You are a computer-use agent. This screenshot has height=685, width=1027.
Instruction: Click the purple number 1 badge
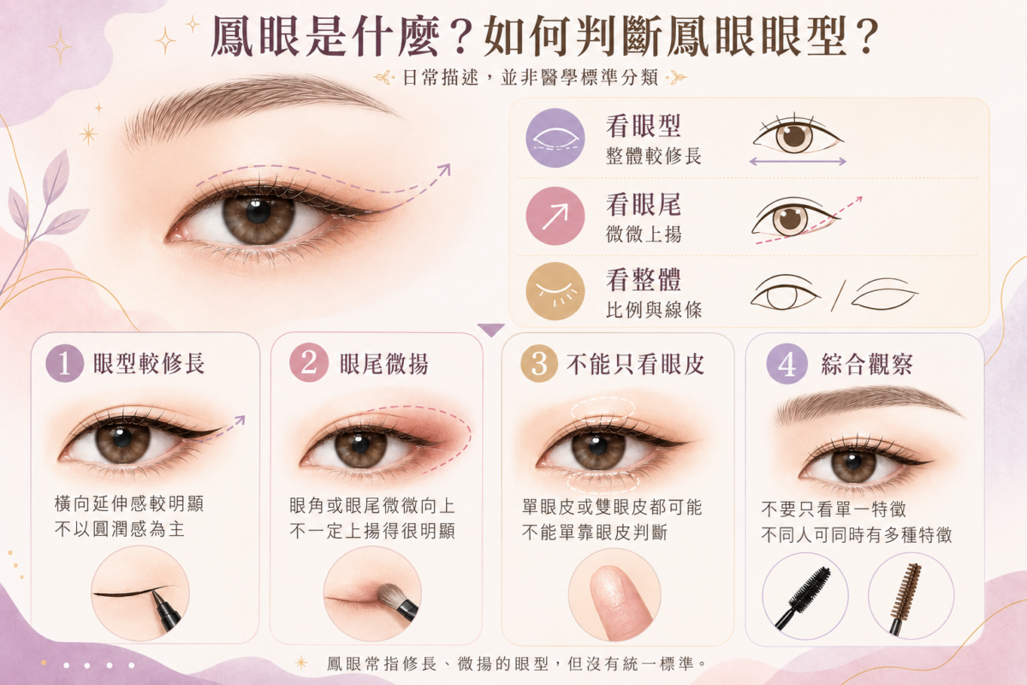coord(65,363)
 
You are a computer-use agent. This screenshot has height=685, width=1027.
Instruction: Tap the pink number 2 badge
coord(309,363)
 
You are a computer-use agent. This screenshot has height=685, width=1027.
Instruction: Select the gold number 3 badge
coord(539,364)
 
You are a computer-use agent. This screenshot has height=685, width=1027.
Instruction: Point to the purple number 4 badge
coord(787,364)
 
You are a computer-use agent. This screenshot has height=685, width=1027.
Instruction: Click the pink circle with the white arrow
coord(555,216)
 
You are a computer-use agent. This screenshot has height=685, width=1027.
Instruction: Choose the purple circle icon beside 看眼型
coord(555,138)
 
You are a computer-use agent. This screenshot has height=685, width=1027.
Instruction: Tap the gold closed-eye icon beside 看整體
coord(555,291)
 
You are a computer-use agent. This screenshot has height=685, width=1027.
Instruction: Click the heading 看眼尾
coord(644,205)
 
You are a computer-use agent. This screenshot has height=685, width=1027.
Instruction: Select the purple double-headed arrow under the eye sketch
coord(798,162)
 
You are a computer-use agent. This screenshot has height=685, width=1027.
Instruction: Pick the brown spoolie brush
coord(905,598)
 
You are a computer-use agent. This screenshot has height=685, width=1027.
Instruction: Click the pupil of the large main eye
coord(258,211)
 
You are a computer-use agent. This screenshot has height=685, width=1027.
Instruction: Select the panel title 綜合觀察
coord(867,365)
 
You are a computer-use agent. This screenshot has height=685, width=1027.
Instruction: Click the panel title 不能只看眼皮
coord(635,365)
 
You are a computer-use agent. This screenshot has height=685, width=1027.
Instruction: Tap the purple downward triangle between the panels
coord(491,330)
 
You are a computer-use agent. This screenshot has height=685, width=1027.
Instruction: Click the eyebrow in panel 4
coord(866,404)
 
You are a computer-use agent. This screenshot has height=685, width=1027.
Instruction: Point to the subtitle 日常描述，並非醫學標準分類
coord(531,78)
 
